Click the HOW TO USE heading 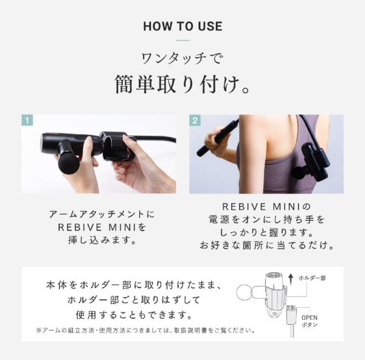(182, 27)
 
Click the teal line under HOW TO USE (182, 41)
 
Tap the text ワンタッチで (182, 60)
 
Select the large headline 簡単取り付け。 (182, 85)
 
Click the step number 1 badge (27, 120)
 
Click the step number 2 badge (195, 120)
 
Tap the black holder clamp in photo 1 (116, 146)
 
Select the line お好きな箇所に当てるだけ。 (266, 246)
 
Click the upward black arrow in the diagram (291, 279)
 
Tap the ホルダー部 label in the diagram (312, 278)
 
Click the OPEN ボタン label (309, 321)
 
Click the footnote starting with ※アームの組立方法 (146, 331)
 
